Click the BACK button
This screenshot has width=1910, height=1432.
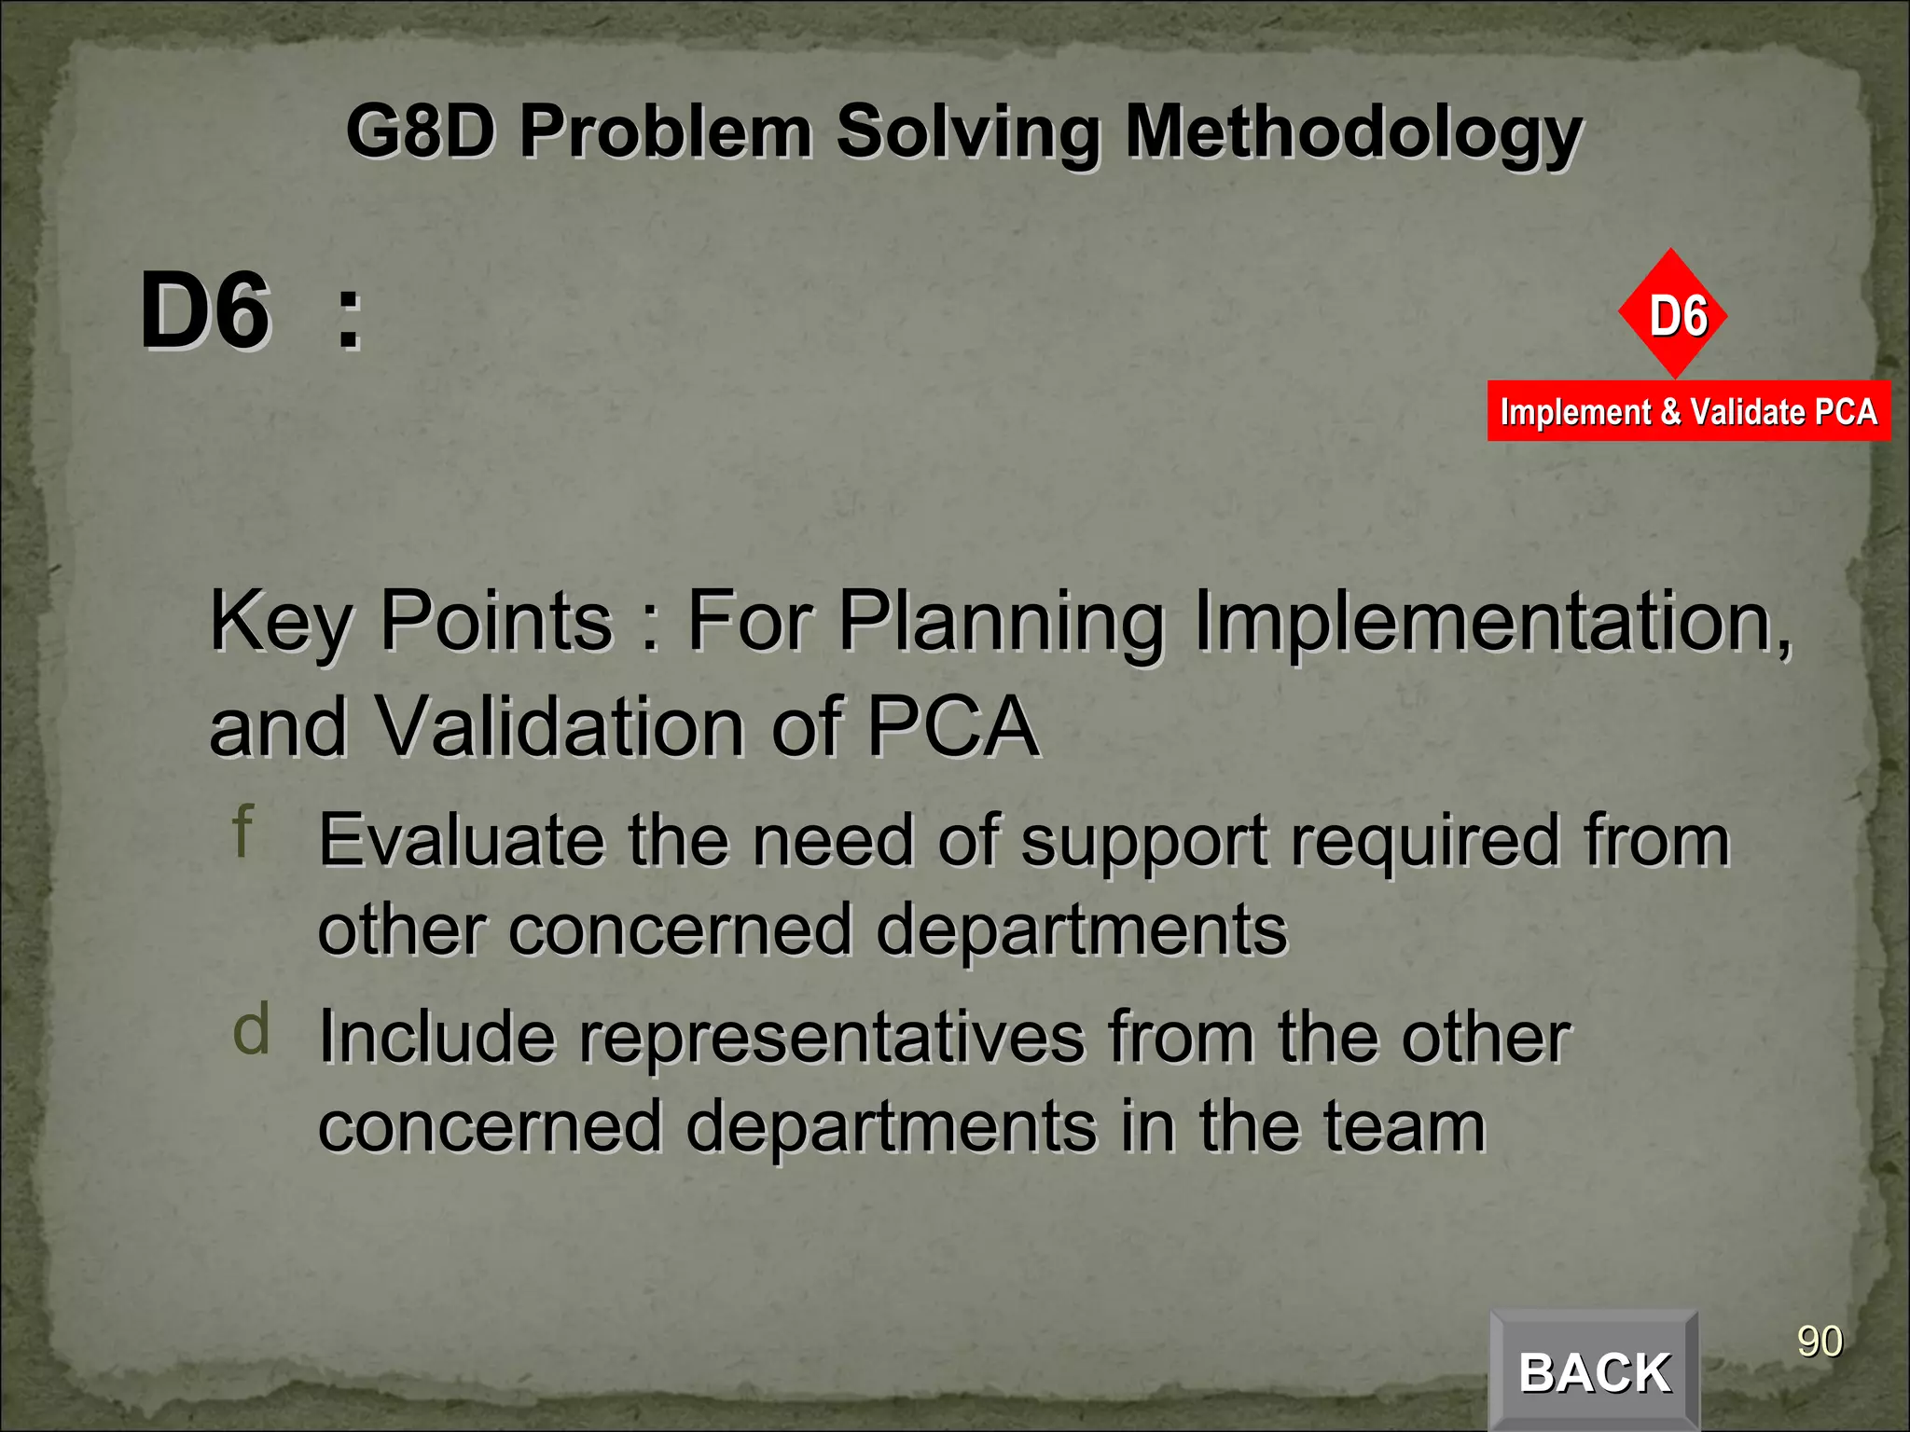click(1594, 1371)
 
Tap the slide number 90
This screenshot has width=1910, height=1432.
click(1819, 1342)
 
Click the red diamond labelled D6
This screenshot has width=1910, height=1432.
click(1673, 314)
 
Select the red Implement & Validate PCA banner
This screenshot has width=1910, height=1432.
click(1688, 411)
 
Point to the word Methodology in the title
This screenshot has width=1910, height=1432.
click(1352, 132)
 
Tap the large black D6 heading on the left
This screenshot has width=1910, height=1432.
click(205, 311)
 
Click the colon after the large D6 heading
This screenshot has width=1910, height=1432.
click(349, 317)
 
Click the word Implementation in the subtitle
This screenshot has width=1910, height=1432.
click(1491, 621)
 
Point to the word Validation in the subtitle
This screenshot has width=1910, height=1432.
click(560, 726)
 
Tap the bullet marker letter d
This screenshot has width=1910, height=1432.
click(251, 1029)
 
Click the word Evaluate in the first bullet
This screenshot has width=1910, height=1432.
click(461, 840)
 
